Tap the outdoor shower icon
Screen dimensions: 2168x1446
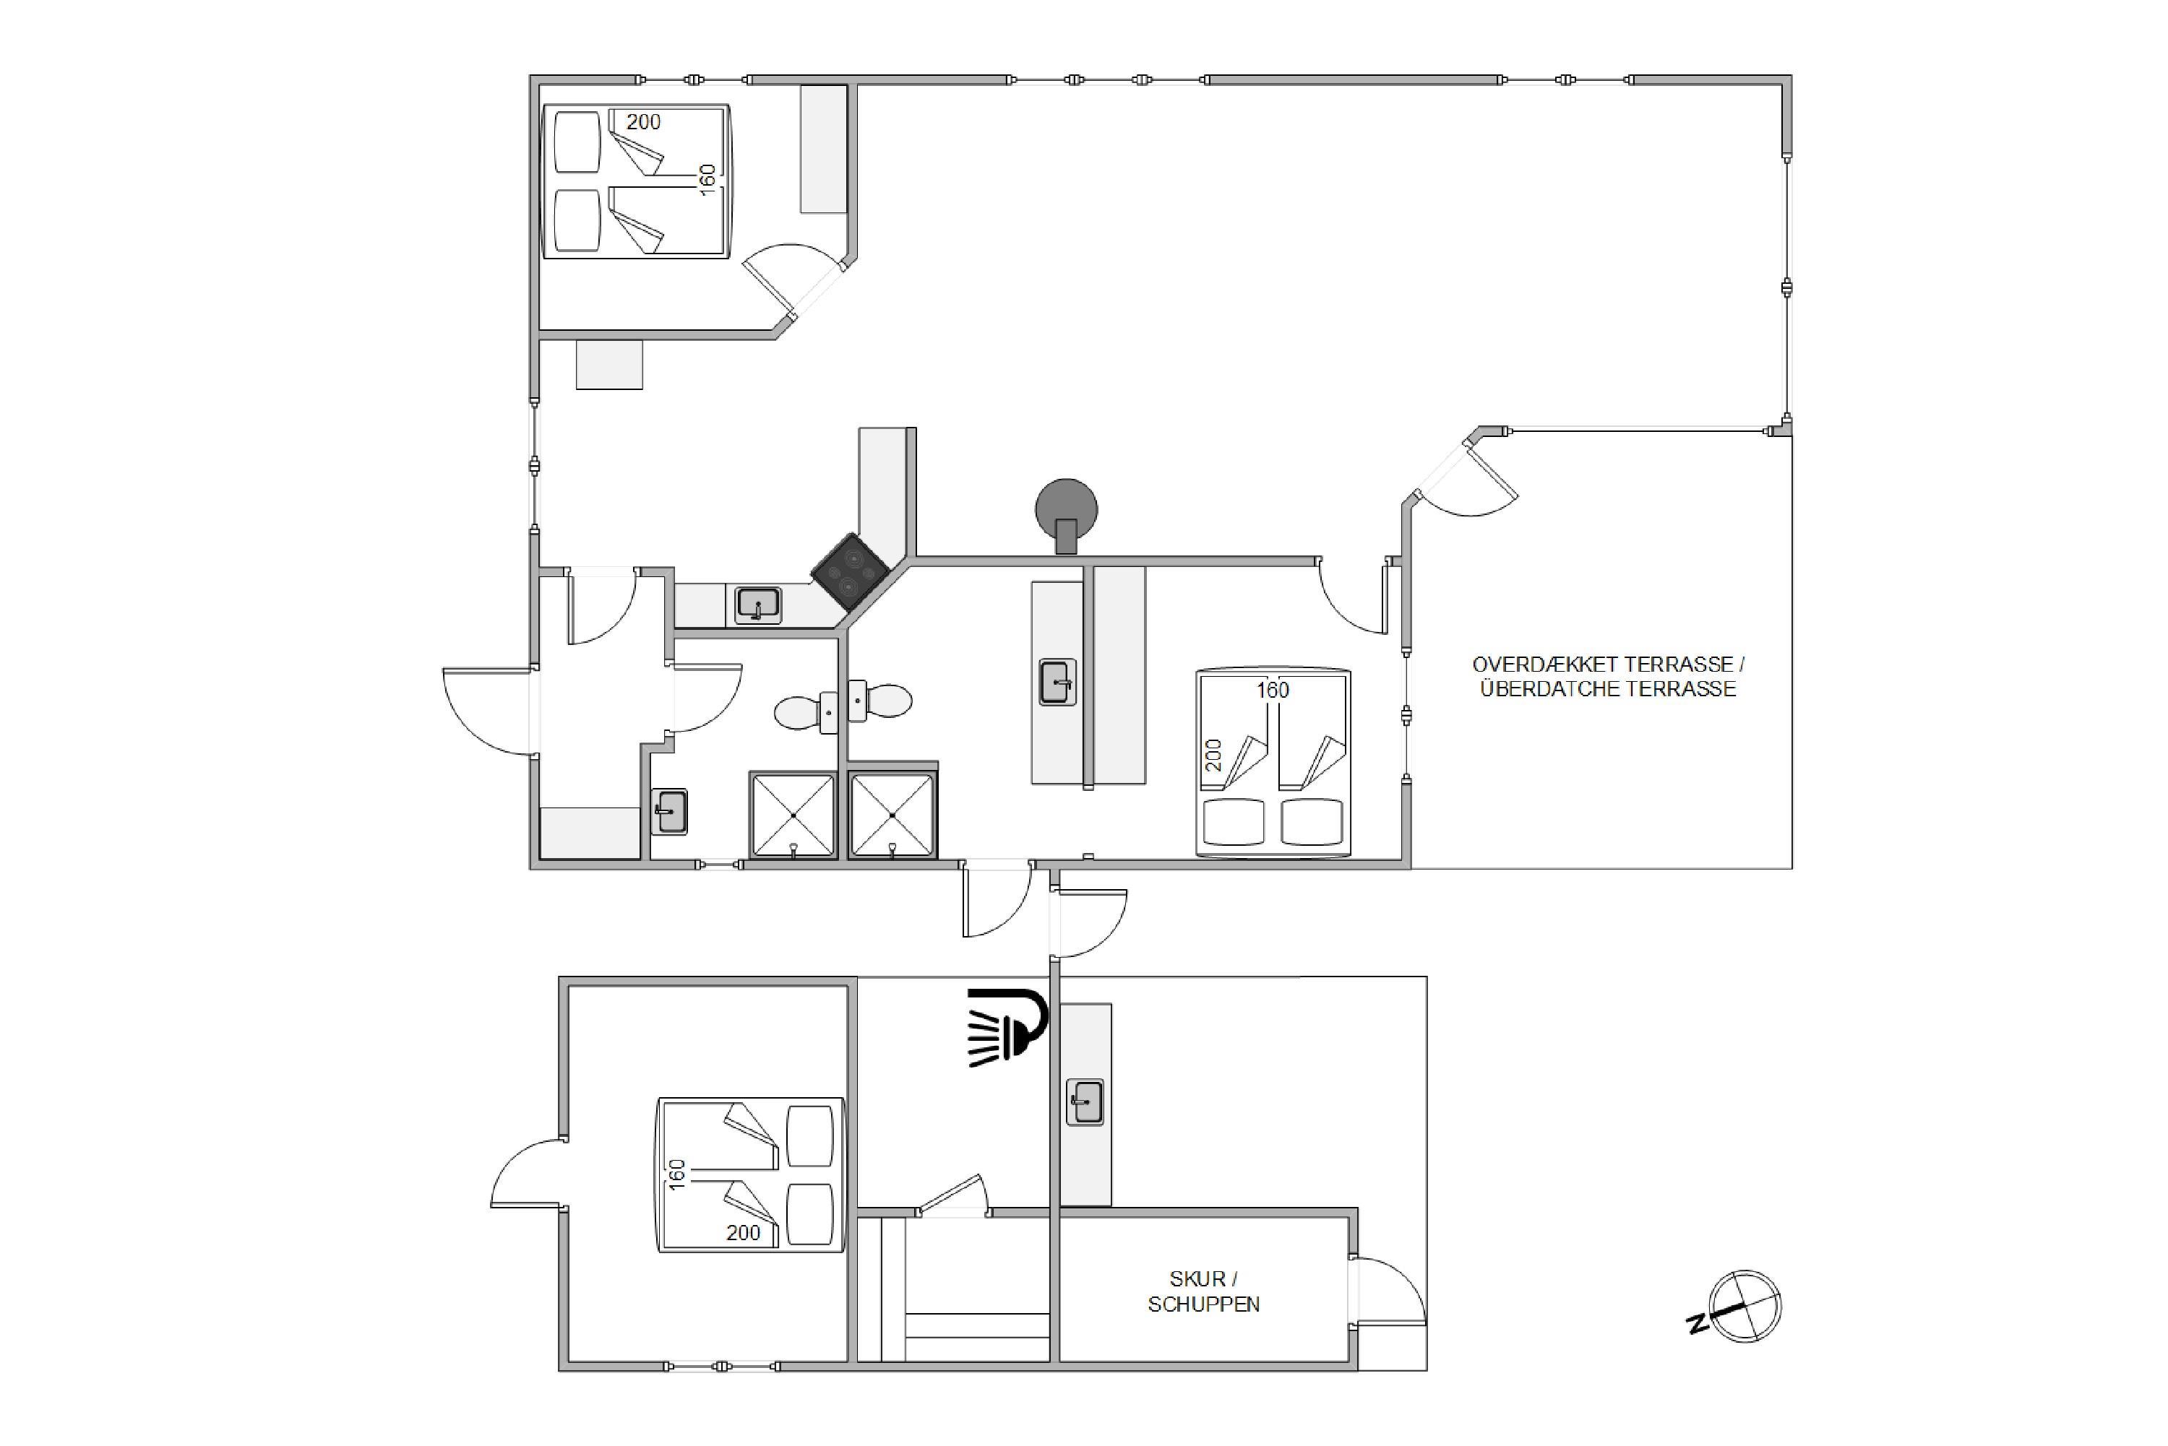click(x=1007, y=1027)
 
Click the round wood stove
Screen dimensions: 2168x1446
click(x=1067, y=514)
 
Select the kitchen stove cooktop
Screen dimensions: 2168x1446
click(x=850, y=572)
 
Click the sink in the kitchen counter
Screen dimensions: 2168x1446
click(x=758, y=606)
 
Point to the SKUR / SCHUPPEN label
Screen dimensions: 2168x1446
click(x=1203, y=1291)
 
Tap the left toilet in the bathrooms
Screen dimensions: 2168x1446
click(x=805, y=712)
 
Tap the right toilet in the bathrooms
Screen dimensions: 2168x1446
click(x=880, y=701)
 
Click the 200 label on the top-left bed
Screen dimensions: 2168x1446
click(x=643, y=122)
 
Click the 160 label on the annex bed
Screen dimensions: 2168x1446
click(x=677, y=1174)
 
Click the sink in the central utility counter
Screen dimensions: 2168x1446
click(x=1057, y=683)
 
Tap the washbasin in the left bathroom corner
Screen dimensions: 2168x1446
click(x=669, y=812)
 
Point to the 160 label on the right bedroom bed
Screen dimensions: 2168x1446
click(x=1272, y=690)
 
